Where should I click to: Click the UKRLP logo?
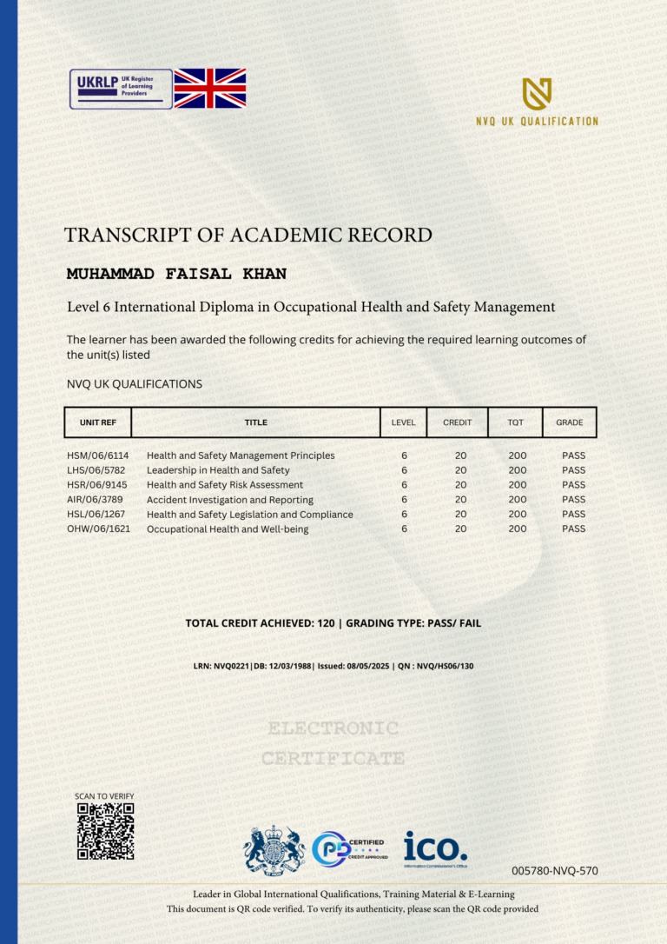tap(121, 89)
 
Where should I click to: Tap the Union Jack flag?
tap(210, 89)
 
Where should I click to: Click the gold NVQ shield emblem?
tap(537, 94)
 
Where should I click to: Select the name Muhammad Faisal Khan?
tap(176, 275)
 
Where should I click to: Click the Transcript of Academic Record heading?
tap(248, 235)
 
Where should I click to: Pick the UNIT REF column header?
tap(98, 422)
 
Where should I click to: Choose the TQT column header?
tap(516, 422)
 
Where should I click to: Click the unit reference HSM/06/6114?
tap(97, 455)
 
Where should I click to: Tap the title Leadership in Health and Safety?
tap(218, 470)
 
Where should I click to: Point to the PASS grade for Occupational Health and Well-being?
tap(573, 529)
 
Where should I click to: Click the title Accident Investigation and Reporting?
tap(230, 500)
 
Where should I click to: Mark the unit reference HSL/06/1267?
tap(97, 514)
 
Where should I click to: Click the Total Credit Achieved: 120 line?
tap(333, 623)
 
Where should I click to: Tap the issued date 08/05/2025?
tap(365, 667)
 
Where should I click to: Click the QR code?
tap(105, 831)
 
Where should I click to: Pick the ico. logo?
tap(435, 848)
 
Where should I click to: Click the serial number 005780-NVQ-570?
tap(554, 870)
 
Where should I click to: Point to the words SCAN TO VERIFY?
tap(104, 796)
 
